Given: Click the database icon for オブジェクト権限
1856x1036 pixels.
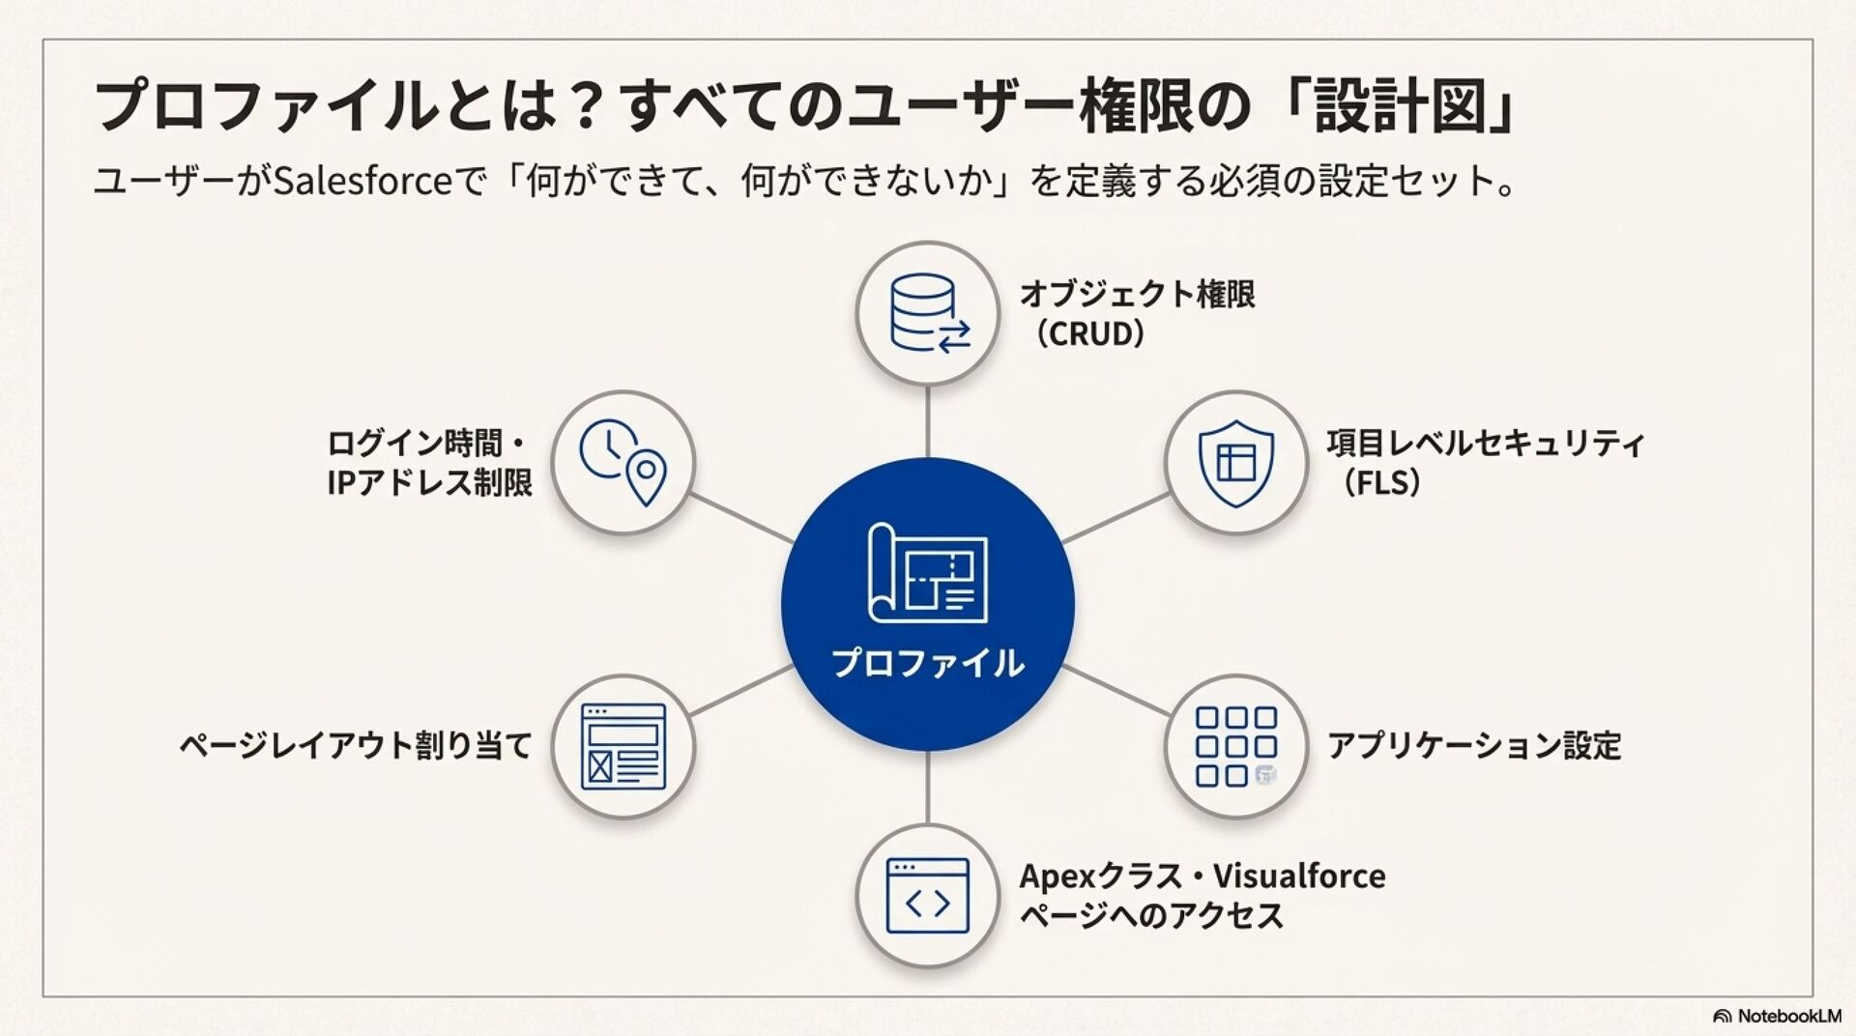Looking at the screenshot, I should pos(927,313).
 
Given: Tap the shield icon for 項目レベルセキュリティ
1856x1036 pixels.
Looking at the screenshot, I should pos(1235,462).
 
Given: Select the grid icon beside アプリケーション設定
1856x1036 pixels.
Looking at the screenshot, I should pos(1235,746).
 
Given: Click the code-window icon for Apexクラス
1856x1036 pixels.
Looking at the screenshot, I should pos(927,895).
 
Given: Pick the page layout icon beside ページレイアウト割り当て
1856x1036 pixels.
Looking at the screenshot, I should pos(623,746).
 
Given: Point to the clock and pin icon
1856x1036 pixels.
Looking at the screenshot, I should pos(623,462).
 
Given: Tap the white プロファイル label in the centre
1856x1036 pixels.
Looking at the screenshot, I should pos(927,663).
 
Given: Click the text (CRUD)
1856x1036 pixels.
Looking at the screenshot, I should pos(1088,334).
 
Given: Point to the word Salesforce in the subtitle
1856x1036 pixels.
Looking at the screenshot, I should pos(363,181).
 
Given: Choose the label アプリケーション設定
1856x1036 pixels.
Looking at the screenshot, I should pos(1473,746).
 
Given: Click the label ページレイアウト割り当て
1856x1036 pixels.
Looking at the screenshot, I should pos(356,746).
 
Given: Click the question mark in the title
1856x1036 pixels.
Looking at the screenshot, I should pos(584,106).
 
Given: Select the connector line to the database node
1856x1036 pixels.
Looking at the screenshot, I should pos(927,421).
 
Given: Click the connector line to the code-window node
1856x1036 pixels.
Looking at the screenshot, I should pos(927,787).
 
